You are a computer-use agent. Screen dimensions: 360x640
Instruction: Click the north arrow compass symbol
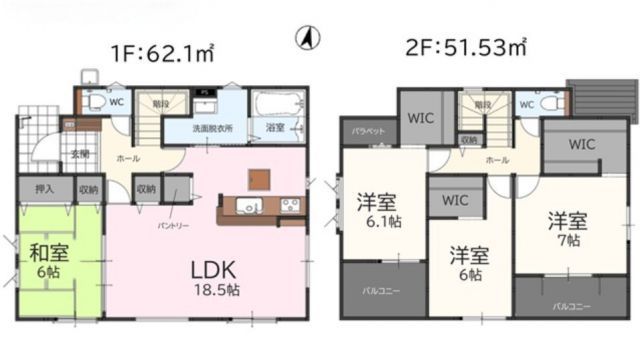(x=308, y=38)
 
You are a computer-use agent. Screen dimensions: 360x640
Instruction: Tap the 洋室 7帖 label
(x=566, y=227)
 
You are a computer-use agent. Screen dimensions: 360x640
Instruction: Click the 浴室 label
(x=274, y=129)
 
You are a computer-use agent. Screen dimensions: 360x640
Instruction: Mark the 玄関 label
(x=79, y=153)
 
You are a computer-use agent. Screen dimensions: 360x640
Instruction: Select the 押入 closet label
(x=44, y=188)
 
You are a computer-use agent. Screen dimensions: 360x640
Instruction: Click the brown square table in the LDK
(x=258, y=179)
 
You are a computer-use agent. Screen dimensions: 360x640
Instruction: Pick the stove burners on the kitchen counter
(x=290, y=207)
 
